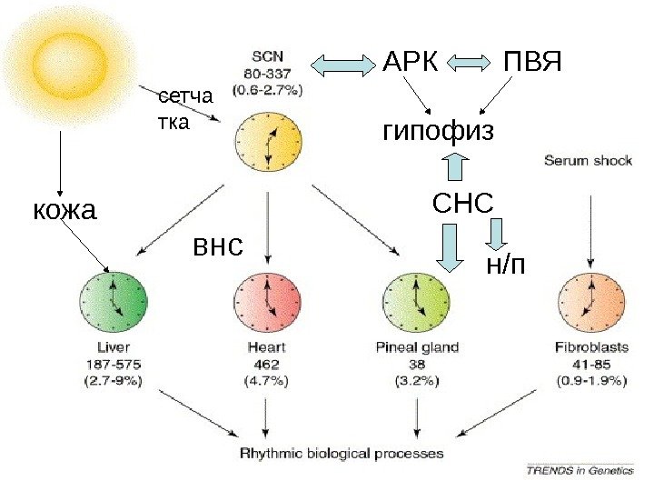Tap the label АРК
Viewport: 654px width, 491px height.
(x=411, y=63)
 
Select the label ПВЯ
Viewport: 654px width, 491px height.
(x=534, y=63)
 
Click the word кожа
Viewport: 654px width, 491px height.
(x=64, y=211)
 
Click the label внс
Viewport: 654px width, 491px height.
(x=218, y=245)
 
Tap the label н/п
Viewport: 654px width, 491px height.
(x=507, y=264)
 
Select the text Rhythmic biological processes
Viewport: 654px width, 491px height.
(x=342, y=453)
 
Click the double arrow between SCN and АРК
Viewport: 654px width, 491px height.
(x=344, y=64)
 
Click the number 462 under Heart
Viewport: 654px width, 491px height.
(x=267, y=364)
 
